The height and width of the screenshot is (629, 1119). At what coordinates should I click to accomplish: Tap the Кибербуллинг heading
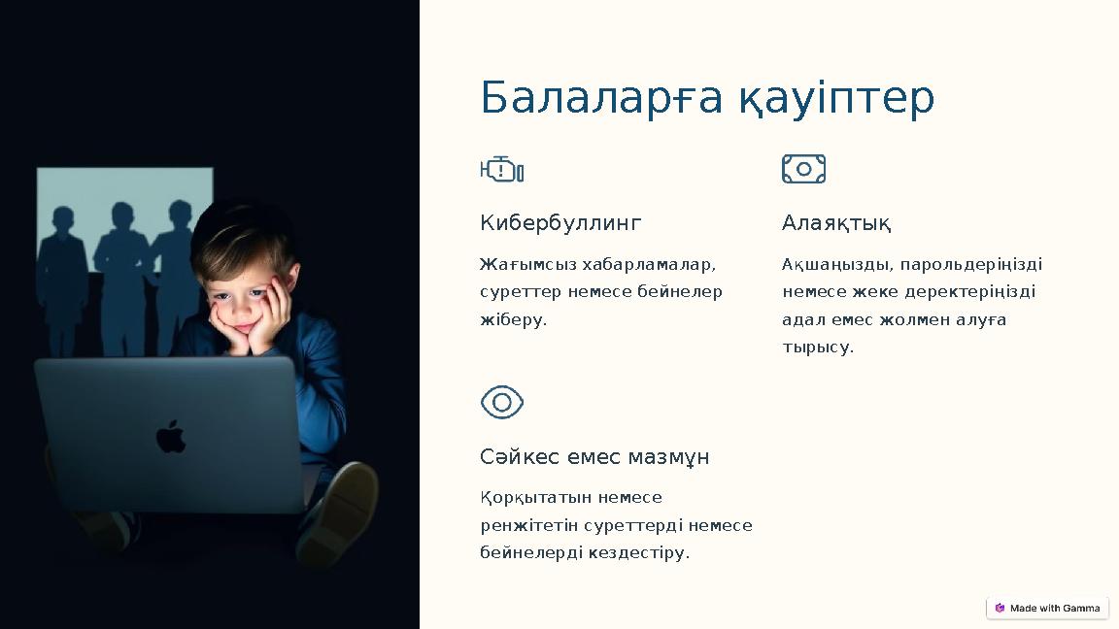560,223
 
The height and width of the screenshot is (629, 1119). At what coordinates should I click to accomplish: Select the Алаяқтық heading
836,223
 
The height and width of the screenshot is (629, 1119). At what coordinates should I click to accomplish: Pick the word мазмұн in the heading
668,456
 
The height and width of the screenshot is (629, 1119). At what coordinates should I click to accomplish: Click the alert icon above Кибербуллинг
502,170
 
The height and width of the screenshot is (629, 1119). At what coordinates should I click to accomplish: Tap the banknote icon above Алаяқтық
803,169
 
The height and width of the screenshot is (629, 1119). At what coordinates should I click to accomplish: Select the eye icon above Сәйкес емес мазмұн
502,402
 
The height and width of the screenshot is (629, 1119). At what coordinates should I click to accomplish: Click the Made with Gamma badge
1047,608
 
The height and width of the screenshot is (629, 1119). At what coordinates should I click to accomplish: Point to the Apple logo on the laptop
171,436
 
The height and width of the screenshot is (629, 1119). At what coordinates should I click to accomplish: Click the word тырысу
818,347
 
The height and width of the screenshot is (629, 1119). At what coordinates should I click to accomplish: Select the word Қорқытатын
535,497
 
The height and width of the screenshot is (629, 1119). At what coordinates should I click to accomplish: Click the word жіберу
514,319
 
